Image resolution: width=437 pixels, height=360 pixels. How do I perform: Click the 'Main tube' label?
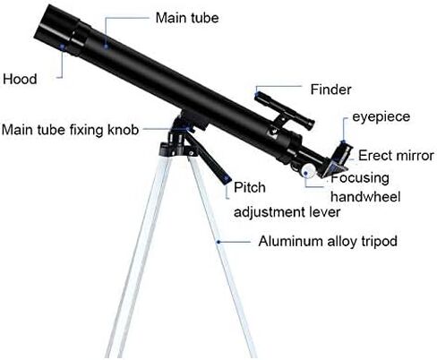[187, 18]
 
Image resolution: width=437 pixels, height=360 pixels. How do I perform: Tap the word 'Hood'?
[20, 79]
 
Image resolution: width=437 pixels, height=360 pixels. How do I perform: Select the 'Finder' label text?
[330, 90]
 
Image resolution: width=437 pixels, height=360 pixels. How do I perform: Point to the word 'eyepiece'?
[381, 117]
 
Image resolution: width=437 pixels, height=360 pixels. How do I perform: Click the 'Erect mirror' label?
[396, 156]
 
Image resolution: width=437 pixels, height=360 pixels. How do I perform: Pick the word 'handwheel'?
[365, 197]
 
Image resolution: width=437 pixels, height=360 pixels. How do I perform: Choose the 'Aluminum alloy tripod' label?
[328, 241]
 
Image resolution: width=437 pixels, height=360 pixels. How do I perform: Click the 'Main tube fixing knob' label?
[70, 130]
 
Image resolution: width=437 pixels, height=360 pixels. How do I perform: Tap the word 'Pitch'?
[250, 187]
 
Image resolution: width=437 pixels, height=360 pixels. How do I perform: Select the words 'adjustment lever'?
[287, 212]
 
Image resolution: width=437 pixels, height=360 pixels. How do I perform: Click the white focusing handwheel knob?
[308, 171]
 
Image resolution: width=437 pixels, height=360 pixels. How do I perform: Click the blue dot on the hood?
[62, 47]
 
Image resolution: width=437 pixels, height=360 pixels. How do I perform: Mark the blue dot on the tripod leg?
[218, 242]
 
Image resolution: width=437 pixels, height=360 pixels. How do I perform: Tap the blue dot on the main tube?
[106, 47]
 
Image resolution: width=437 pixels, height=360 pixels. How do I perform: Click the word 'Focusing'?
[360, 178]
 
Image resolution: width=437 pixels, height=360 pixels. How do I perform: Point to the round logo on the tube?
[272, 132]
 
